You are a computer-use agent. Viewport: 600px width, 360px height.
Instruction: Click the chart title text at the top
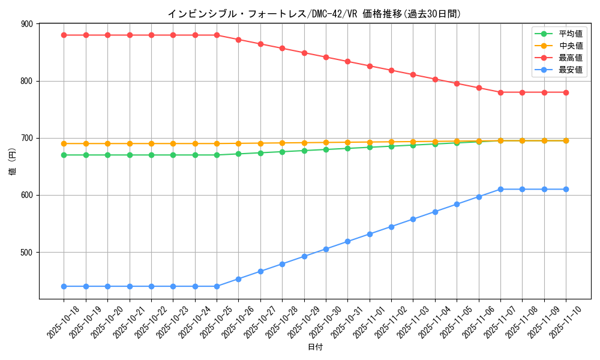(314, 13)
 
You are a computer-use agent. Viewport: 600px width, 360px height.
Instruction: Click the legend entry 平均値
(570, 34)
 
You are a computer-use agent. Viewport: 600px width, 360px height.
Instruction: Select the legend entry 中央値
(570, 46)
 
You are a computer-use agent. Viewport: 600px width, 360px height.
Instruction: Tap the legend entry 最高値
(570, 58)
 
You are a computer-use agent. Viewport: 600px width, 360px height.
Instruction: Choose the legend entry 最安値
(570, 70)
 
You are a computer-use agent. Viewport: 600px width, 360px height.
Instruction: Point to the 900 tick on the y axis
(28, 24)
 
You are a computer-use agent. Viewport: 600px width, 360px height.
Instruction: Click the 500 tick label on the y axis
(28, 253)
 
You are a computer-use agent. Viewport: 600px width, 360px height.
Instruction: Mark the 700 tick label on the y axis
(28, 138)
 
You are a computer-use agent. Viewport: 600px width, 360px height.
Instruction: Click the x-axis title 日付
(315, 347)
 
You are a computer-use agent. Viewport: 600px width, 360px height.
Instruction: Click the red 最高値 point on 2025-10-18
(64, 35)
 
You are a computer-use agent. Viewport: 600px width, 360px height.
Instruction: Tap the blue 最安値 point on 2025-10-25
(217, 286)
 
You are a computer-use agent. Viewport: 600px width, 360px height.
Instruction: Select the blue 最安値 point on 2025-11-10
(566, 189)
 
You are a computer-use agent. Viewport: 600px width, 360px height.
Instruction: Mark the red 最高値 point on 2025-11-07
(500, 92)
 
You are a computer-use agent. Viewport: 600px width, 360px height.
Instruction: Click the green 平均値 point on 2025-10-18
(64, 155)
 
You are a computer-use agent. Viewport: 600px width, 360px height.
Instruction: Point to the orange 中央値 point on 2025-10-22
(151, 143)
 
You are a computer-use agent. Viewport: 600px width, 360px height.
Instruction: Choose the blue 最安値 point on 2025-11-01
(370, 234)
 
